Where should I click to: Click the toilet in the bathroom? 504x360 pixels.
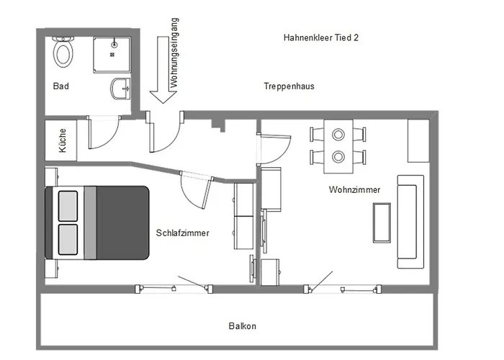63,52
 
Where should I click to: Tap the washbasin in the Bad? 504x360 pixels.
120,89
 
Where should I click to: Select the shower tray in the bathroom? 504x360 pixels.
112,55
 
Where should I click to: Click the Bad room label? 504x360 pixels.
60,86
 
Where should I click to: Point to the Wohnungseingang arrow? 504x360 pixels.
163,70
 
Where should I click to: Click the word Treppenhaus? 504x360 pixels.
289,86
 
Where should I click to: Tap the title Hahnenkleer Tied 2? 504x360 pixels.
321,37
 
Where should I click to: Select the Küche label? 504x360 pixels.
63,140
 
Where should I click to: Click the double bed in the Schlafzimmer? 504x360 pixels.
96,222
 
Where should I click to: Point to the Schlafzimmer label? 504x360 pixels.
183,233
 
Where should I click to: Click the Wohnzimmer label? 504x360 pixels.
354,189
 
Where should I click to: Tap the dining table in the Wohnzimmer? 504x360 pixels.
338,146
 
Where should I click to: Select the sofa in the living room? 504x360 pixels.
410,222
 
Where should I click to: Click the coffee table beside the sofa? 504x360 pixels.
382,222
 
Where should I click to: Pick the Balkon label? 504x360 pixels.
243,326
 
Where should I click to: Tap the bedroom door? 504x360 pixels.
207,192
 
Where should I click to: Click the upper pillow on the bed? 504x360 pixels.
68,206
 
